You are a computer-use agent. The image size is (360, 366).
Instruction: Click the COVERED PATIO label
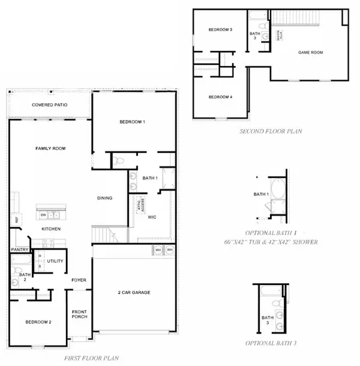pos(50,105)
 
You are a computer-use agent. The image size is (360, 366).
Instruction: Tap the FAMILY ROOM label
pos(50,148)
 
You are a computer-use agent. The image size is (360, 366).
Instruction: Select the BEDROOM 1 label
pos(133,122)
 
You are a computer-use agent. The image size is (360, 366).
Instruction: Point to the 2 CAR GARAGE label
pos(134,292)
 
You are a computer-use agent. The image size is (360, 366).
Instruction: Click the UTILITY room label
pos(56,261)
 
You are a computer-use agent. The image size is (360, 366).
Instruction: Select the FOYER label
pos(79,278)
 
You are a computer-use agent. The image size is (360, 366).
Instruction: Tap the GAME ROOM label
pos(311,53)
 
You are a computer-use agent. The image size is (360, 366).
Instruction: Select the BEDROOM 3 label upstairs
pos(220,29)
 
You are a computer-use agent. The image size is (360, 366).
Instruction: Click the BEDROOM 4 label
pos(220,97)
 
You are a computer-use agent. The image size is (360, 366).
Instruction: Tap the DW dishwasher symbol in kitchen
pos(44,214)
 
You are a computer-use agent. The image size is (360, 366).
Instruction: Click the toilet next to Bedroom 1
pos(119,161)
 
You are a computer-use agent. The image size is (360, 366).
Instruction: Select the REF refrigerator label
pos(16,220)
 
